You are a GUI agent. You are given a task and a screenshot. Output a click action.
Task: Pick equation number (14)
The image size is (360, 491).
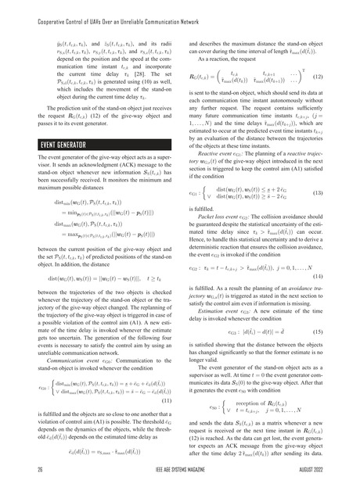point(341,276)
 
